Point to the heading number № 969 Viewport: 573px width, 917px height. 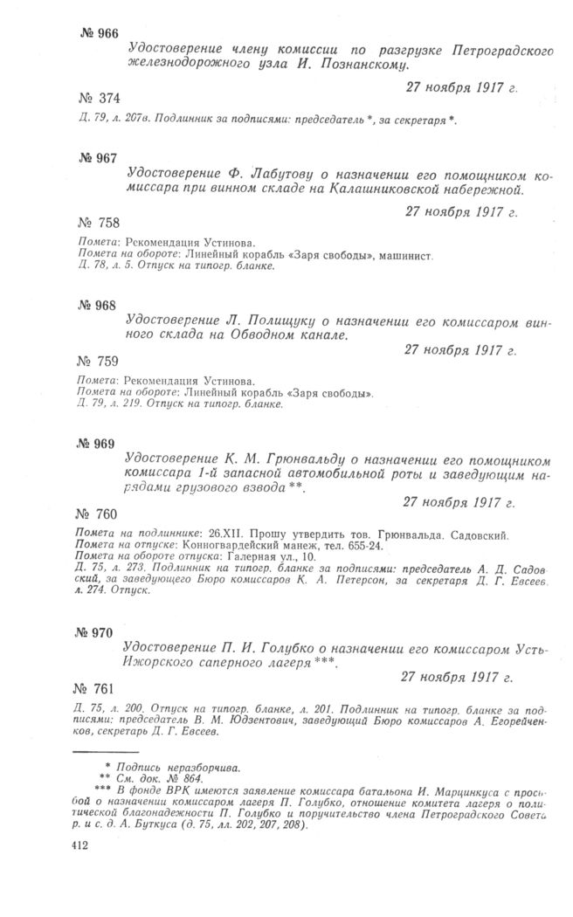[x=95, y=443]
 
